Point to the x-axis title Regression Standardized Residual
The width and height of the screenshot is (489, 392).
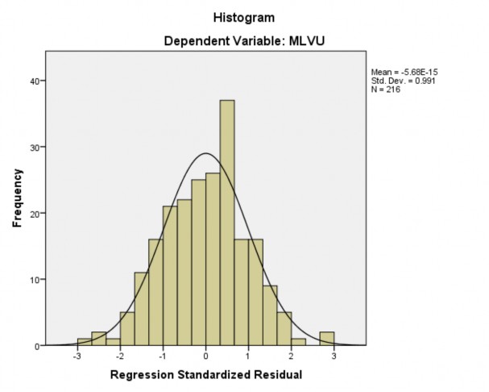[205, 375]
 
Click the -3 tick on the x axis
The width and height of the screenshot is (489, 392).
[77, 355]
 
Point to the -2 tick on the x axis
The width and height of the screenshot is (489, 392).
[119, 355]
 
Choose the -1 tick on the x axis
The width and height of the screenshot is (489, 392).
[162, 355]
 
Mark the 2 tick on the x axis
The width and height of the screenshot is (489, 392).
[290, 355]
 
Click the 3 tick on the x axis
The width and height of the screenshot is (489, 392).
[333, 355]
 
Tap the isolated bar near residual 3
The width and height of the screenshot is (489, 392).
[326, 339]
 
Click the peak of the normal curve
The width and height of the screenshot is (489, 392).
[205, 153]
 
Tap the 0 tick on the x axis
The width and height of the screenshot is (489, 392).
[205, 355]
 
